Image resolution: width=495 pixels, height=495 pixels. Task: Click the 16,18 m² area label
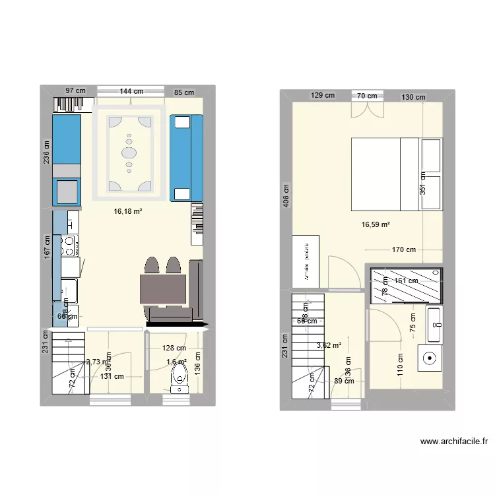[129, 212]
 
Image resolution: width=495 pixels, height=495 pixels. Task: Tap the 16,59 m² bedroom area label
[376, 225]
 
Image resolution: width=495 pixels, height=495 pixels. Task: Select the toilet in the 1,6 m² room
[180, 378]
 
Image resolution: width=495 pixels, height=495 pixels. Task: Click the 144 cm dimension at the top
[131, 92]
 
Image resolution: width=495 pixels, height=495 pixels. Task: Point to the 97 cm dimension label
[75, 92]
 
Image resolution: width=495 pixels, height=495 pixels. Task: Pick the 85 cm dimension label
[184, 92]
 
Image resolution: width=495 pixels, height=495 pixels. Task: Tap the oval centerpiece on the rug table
[129, 152]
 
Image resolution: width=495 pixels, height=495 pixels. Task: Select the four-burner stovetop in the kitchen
[69, 246]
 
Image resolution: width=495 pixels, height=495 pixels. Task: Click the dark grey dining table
[163, 289]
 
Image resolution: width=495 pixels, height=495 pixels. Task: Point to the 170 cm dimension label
[403, 250]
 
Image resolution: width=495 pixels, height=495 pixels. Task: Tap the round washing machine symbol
[430, 359]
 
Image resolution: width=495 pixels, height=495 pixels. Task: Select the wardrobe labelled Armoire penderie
[306, 261]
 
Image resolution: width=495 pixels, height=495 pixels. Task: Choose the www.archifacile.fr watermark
[453, 443]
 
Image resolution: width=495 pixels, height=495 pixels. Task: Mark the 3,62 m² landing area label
[329, 345]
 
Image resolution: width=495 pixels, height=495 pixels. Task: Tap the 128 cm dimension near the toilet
[174, 348]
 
